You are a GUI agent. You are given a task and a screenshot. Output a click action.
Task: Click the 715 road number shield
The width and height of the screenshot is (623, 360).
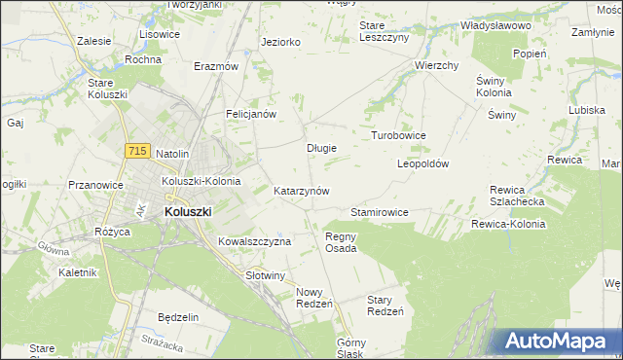pos(136,151)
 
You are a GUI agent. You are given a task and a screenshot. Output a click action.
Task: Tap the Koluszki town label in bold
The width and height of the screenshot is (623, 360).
pos(189,210)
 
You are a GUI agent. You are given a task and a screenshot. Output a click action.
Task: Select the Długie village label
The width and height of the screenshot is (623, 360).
pos(321,149)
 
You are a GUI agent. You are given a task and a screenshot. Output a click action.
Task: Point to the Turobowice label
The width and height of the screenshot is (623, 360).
pos(399,135)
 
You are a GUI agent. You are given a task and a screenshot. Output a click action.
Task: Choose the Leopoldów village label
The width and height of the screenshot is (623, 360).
pos(422,164)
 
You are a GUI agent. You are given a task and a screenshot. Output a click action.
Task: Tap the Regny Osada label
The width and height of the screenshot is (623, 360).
pos(341,241)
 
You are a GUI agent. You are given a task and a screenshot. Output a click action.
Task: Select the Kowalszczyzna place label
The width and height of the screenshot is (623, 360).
pos(254,241)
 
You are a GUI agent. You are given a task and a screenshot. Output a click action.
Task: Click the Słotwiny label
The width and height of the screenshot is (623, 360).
pos(265,275)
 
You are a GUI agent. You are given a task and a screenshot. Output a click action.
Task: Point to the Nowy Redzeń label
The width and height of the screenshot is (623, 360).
pos(314,298)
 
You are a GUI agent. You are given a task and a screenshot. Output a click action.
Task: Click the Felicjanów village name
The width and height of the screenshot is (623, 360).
pos(252,114)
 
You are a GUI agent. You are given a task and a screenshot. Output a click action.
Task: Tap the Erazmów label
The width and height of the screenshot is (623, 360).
pos(216,66)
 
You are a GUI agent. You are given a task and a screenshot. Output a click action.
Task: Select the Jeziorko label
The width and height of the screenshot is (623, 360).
pos(280,42)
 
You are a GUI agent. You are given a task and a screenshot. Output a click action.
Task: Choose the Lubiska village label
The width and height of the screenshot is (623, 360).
pos(587,110)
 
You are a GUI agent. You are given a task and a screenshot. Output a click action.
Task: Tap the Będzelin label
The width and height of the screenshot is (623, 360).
pos(178,317)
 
